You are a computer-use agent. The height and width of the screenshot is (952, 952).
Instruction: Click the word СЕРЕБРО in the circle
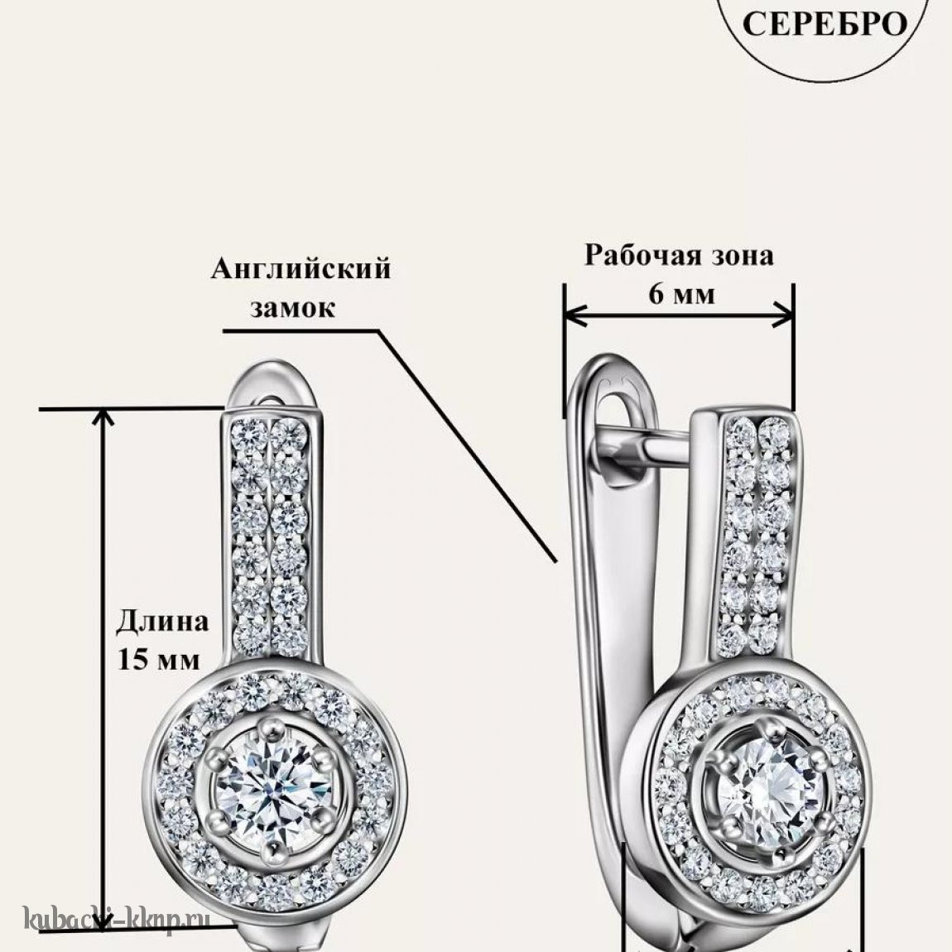825,24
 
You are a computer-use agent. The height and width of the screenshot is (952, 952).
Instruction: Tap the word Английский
301,269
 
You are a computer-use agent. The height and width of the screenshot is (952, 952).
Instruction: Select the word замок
293,308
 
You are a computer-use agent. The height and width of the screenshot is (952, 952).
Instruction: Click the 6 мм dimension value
681,295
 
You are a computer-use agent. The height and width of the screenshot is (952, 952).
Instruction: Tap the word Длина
162,622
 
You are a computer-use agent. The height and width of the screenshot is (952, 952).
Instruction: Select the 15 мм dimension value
158,659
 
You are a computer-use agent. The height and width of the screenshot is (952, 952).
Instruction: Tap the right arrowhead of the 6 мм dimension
783,315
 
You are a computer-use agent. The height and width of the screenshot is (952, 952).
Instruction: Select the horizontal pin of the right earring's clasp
666,448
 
